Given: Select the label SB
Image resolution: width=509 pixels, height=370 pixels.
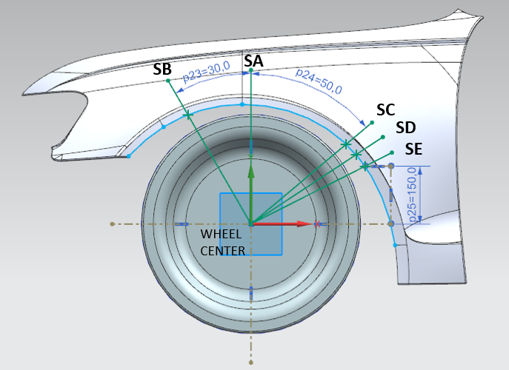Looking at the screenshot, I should tap(162, 70).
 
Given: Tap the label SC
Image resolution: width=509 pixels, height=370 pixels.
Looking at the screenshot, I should tap(385, 110).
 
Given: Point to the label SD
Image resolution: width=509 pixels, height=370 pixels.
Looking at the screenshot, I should tap(405, 128).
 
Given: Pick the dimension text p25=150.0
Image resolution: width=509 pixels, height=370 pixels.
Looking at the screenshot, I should tap(413, 195).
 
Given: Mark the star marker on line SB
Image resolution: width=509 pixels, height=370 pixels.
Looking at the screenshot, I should tap(187, 115).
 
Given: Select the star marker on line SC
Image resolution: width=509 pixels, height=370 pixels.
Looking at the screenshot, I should tap(345, 144).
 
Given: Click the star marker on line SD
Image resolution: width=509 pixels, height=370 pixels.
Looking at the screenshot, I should tap(356, 155).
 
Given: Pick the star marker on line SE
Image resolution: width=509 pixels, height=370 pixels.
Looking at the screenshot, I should tap(365, 167).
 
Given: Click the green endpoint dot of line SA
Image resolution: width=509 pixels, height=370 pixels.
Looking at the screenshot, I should tap(251, 70).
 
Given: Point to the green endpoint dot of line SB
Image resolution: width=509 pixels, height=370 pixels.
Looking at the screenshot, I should tap(169, 81).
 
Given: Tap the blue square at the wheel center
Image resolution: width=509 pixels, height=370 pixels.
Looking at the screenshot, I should tap(251, 223).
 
